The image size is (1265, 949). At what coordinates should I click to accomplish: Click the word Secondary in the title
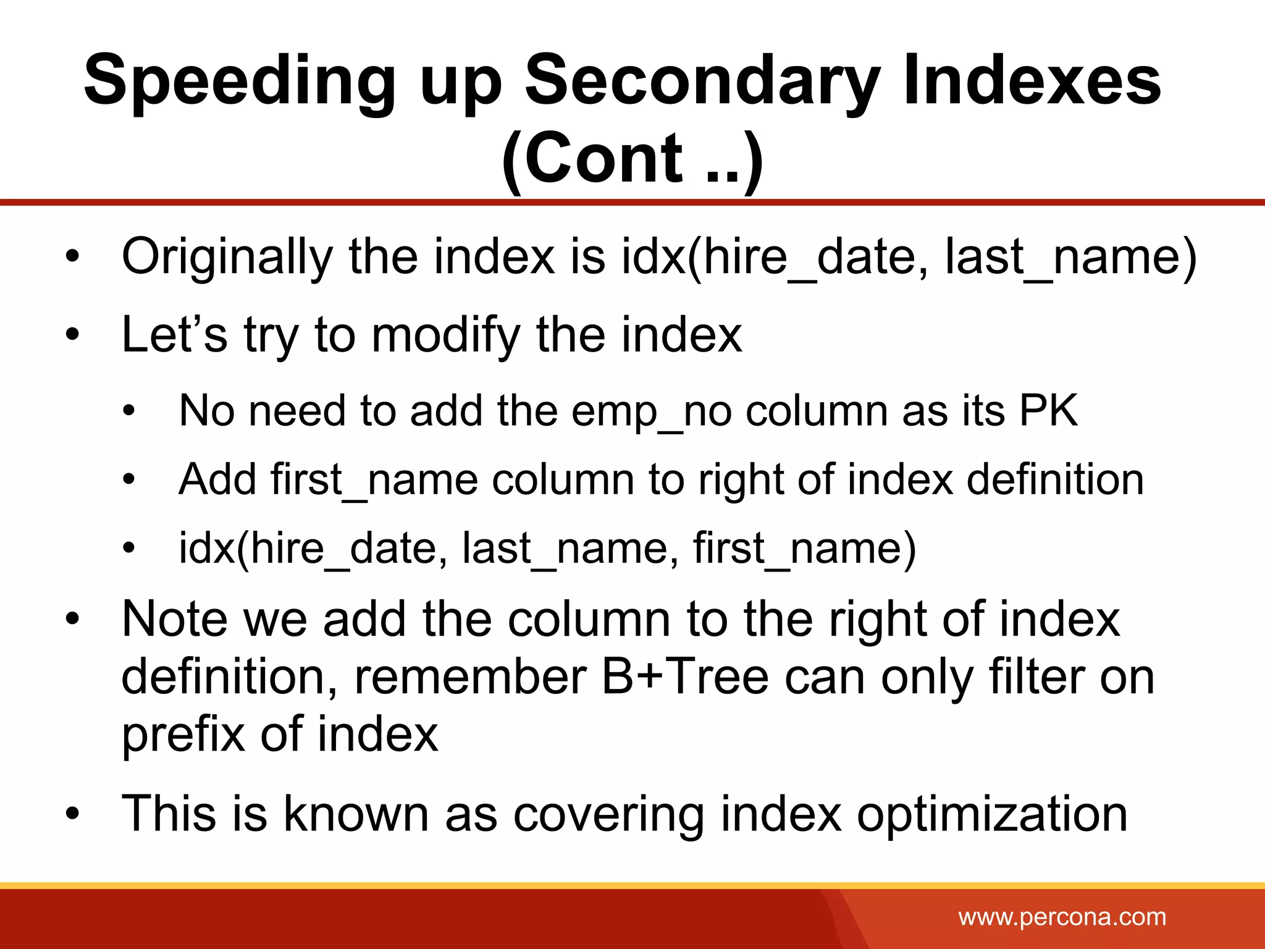click(702, 83)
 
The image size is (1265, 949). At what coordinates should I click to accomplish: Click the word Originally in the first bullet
click(227, 256)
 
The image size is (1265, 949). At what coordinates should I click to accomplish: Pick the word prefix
click(183, 735)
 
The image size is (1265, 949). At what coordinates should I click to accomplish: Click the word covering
click(608, 814)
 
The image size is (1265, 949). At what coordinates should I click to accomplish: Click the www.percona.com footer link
click(1062, 917)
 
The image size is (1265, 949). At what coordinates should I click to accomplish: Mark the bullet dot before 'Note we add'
click(73, 618)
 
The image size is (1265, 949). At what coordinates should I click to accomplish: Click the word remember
click(469, 677)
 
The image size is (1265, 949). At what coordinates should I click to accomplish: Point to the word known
click(356, 814)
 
